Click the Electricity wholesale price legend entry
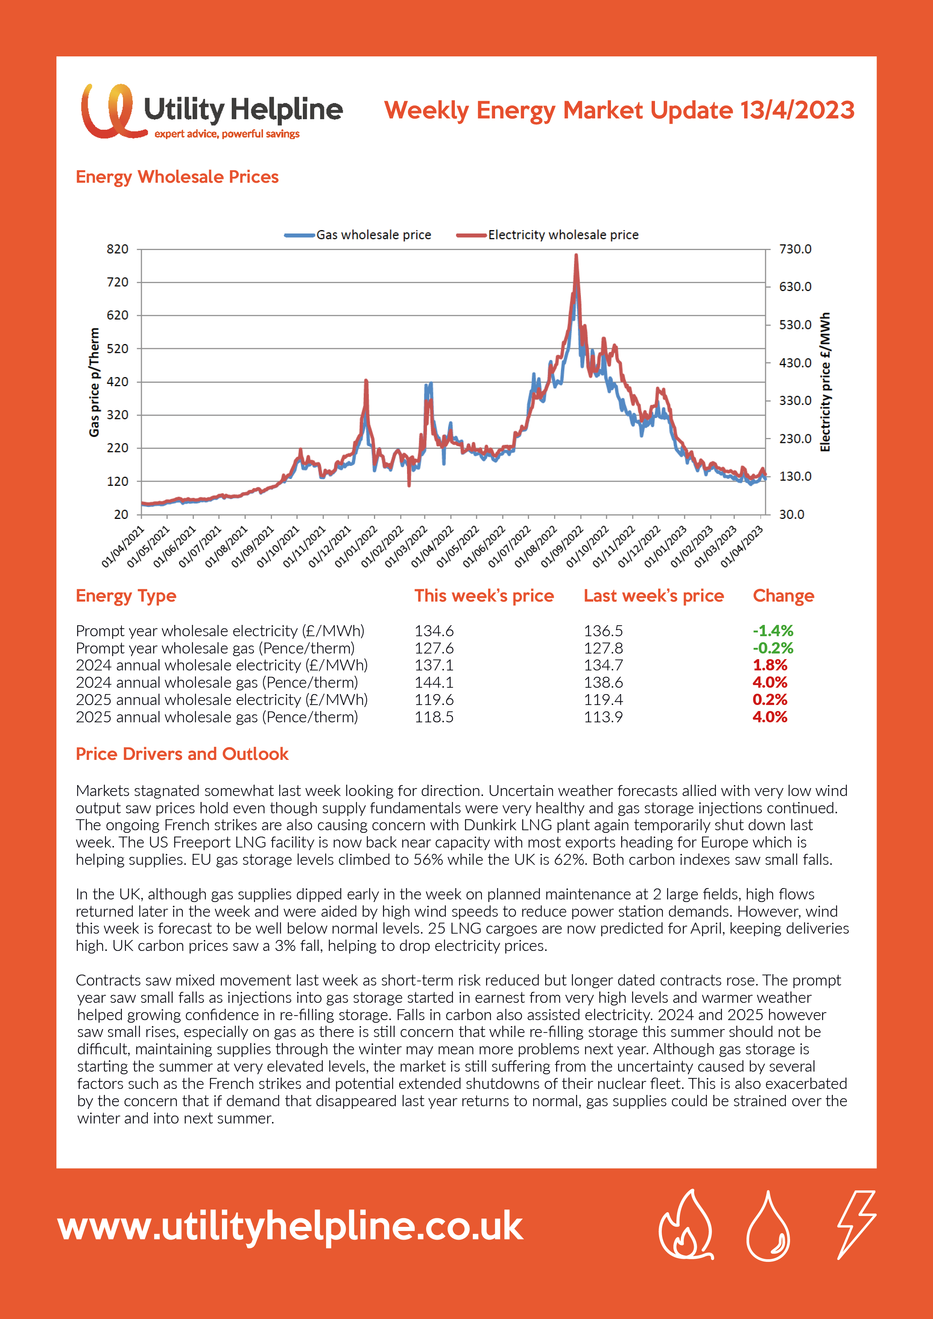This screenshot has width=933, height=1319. pos(547,235)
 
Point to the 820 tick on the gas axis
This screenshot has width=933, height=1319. pos(117,249)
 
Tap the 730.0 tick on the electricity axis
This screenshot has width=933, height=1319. pos(795,249)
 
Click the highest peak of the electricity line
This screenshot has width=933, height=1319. pos(576,256)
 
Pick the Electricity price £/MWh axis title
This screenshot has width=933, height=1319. pos(825,382)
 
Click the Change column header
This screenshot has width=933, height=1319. pos(783,596)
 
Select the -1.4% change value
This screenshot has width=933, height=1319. pos(773,631)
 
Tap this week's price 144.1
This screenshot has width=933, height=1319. pos(434,682)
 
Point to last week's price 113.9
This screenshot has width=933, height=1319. pos(603,717)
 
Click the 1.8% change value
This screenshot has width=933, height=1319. pos(770,665)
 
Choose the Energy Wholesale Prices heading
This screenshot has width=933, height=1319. pos(177,177)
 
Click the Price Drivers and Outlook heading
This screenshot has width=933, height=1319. pos(182,754)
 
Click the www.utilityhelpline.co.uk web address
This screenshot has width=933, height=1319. pos(290,1227)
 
